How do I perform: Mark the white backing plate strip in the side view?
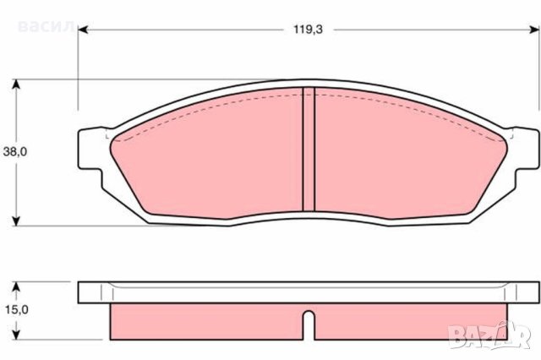pyautogui.click(x=309, y=292)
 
